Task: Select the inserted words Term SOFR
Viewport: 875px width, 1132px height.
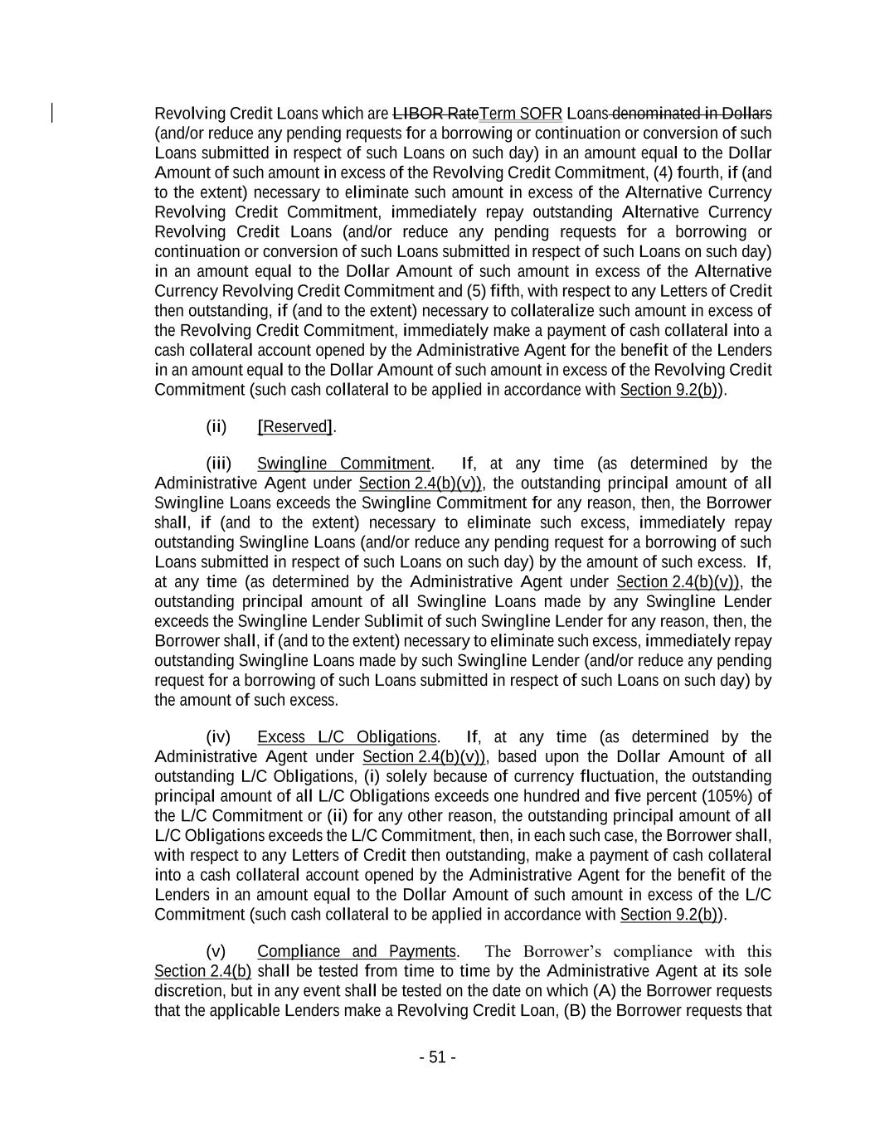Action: (521, 113)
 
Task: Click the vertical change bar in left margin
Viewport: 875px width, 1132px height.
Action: (53, 113)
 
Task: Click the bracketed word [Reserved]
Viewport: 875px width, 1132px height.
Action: (295, 426)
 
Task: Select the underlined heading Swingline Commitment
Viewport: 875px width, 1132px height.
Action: (343, 464)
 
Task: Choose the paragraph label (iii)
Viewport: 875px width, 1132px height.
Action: (218, 464)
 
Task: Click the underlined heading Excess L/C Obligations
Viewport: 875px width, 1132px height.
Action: (347, 737)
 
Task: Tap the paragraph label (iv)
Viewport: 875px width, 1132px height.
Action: (218, 737)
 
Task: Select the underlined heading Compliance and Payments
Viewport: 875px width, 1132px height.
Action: (357, 951)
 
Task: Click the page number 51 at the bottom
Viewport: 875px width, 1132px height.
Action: (437, 1057)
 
